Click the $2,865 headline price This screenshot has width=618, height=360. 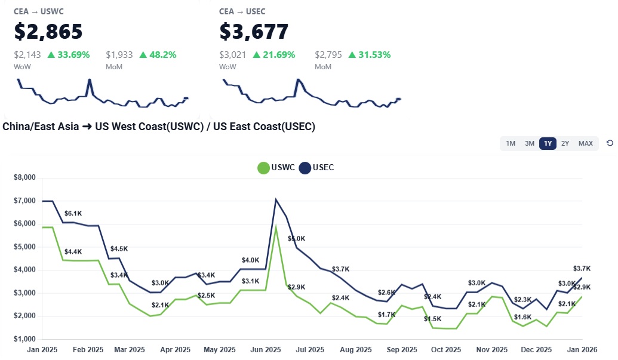click(x=48, y=31)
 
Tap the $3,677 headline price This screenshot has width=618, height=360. click(x=254, y=31)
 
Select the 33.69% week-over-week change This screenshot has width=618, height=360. click(x=68, y=55)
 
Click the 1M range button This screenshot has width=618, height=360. click(x=511, y=143)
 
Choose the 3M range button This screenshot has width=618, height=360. click(x=530, y=143)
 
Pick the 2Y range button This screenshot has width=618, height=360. click(x=565, y=143)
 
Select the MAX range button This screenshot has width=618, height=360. click(x=586, y=143)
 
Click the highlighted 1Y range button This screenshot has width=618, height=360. click(x=548, y=143)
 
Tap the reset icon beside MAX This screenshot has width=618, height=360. click(x=610, y=143)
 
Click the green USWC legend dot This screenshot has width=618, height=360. click(x=263, y=168)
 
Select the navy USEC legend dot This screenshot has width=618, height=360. click(x=305, y=168)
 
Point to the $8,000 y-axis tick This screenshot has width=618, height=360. click(x=24, y=178)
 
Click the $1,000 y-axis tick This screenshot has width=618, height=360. click(x=24, y=339)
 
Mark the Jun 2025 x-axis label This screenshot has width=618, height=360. click(x=266, y=350)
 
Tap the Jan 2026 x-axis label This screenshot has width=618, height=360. click(x=582, y=350)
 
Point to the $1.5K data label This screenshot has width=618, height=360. click(x=432, y=319)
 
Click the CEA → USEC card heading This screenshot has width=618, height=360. click(x=242, y=11)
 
